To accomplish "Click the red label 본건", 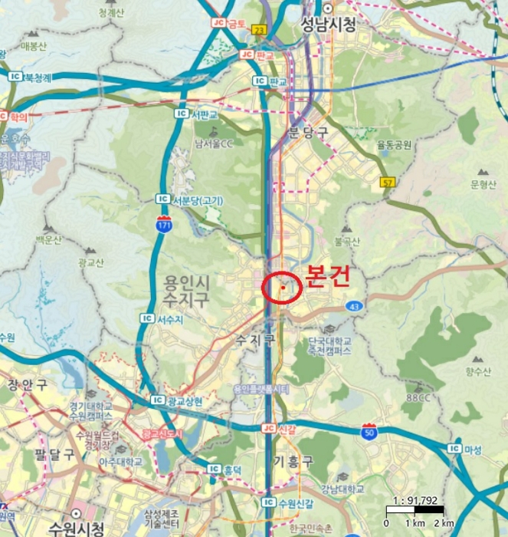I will [x=328, y=276].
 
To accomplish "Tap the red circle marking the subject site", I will [x=283, y=288].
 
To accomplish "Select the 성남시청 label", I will [x=329, y=25].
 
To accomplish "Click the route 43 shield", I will [x=354, y=306].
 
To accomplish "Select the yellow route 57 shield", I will [x=388, y=182].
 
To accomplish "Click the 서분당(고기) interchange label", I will [x=198, y=200].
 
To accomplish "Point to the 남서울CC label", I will [x=217, y=143].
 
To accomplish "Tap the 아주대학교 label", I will [x=120, y=462].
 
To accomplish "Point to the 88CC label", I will [x=418, y=397].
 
